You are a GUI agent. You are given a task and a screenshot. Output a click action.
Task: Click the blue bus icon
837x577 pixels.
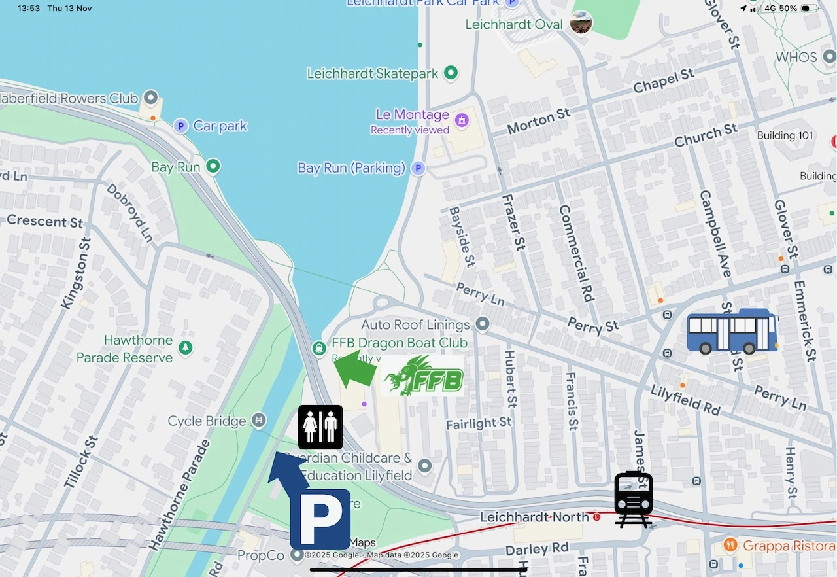pyautogui.click(x=732, y=332)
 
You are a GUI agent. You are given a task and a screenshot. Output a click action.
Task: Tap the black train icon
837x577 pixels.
pyautogui.click(x=633, y=498)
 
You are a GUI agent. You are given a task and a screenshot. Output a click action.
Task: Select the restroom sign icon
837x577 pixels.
pyautogui.click(x=320, y=427)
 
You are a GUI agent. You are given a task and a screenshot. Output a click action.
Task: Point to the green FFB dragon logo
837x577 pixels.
pyautogui.click(x=423, y=376)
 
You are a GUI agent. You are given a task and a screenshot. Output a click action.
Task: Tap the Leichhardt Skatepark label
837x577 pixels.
pyautogui.click(x=373, y=73)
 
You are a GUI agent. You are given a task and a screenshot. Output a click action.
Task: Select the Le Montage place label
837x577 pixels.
pyautogui.click(x=412, y=115)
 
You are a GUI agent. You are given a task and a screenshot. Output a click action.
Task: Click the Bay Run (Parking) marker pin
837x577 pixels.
pyautogui.click(x=418, y=168)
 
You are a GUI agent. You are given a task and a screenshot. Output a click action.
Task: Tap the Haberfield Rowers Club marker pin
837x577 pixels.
pyautogui.click(x=151, y=99)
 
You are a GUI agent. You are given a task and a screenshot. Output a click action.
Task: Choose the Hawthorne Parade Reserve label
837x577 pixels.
pyautogui.click(x=139, y=349)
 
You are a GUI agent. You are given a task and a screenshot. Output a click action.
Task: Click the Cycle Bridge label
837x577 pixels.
pyautogui.click(x=207, y=421)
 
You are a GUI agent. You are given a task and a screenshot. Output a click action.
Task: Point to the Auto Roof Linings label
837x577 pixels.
pyautogui.click(x=415, y=324)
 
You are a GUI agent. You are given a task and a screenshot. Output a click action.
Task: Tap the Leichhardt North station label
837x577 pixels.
pyautogui.click(x=534, y=517)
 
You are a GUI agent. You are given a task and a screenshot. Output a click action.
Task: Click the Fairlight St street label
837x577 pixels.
pyautogui.click(x=479, y=424)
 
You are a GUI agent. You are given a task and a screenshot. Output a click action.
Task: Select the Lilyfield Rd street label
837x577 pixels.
pyautogui.click(x=685, y=400)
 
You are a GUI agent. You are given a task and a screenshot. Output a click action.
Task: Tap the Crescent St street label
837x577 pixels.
pyautogui.click(x=44, y=221)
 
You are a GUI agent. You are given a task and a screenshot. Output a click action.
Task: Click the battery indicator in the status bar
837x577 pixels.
pyautogui.click(x=810, y=9)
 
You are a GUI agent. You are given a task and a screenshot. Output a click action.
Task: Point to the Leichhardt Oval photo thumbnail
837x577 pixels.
pyautogui.click(x=581, y=23)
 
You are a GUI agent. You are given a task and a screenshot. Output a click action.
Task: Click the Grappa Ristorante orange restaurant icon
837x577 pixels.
pyautogui.click(x=730, y=545)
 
